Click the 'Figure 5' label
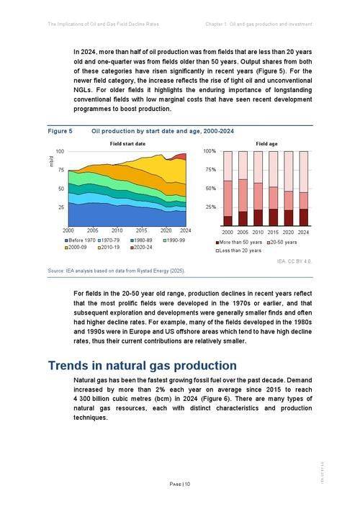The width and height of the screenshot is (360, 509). click(60, 131)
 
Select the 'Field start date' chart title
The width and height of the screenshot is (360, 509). click(127, 144)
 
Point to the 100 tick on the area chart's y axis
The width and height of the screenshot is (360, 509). click(60, 152)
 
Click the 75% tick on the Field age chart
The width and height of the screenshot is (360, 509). click(210, 170)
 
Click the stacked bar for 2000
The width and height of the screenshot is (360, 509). click(228, 189)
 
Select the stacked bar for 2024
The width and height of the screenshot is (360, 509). click(304, 189)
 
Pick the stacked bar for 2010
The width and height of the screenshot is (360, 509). click(258, 189)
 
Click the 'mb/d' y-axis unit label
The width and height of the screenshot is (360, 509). click(51, 163)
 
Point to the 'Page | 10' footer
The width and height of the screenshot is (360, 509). click(180, 484)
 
